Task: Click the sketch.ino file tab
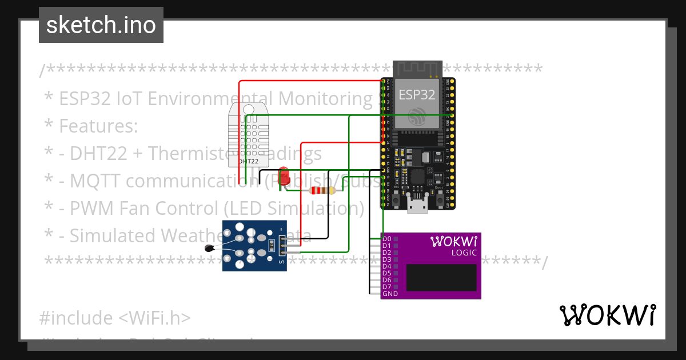pyautogui.click(x=101, y=25)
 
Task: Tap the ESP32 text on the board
pyautogui.click(x=416, y=95)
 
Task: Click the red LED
pyautogui.click(x=284, y=174)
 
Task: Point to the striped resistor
pyautogui.click(x=321, y=191)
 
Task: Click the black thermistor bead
pyautogui.click(x=210, y=248)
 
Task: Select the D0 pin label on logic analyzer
pyautogui.click(x=387, y=239)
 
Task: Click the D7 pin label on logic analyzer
pyautogui.click(x=387, y=287)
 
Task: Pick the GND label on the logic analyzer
pyautogui.click(x=390, y=294)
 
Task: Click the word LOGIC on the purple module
pyautogui.click(x=464, y=252)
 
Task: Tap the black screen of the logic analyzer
pyautogui.click(x=442, y=278)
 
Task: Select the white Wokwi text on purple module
pyautogui.click(x=453, y=241)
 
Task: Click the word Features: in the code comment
pyautogui.click(x=98, y=126)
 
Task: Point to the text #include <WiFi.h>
pyautogui.click(x=115, y=318)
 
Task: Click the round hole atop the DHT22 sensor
pyautogui.click(x=248, y=110)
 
